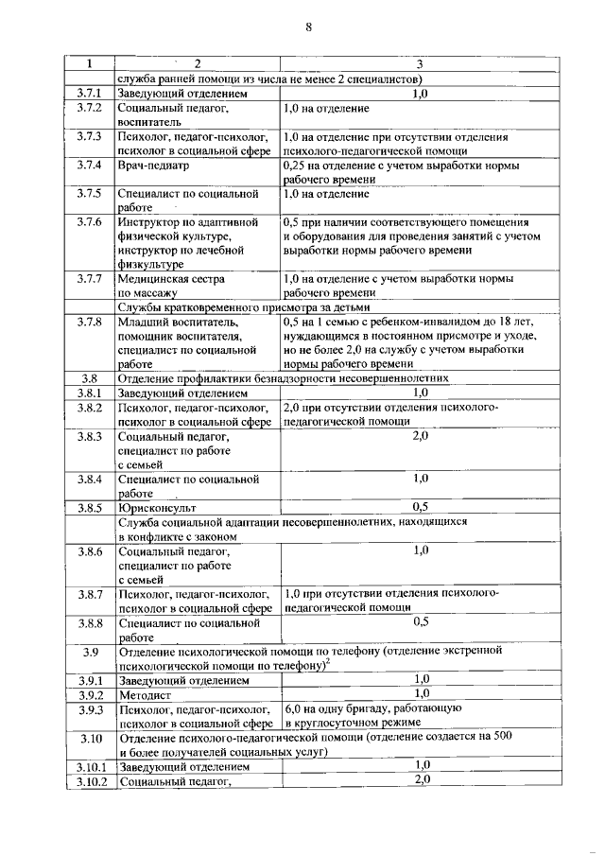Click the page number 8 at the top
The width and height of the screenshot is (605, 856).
[x=308, y=27]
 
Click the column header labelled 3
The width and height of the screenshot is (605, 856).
[x=420, y=63]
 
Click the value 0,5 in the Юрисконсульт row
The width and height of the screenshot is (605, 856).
[x=421, y=507]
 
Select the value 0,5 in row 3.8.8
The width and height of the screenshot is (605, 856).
[x=421, y=622]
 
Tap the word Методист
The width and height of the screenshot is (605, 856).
[x=145, y=693]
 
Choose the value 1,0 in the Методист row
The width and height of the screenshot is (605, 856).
[x=421, y=693]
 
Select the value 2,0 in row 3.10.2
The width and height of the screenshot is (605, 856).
[x=421, y=778]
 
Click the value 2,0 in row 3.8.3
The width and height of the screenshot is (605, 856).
[x=421, y=435]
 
